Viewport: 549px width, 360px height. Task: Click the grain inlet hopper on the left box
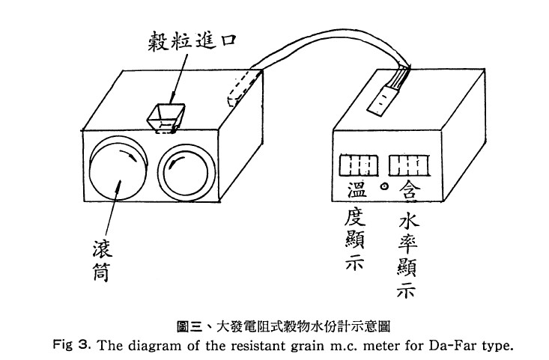[166, 118]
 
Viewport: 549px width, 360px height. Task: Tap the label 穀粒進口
[192, 42]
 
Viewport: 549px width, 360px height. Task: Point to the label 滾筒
[102, 261]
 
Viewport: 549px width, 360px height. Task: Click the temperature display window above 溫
[359, 165]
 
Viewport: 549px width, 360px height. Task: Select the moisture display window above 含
[409, 166]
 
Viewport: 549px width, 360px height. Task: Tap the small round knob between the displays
[384, 186]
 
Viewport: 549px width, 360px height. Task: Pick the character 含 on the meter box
[410, 191]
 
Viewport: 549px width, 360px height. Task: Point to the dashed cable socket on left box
[241, 88]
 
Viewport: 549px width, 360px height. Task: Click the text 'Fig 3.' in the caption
[72, 344]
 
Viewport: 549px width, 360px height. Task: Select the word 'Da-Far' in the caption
[450, 345]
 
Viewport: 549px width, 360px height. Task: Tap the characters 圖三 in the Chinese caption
[189, 327]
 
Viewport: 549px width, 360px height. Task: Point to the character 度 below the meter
[355, 217]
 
